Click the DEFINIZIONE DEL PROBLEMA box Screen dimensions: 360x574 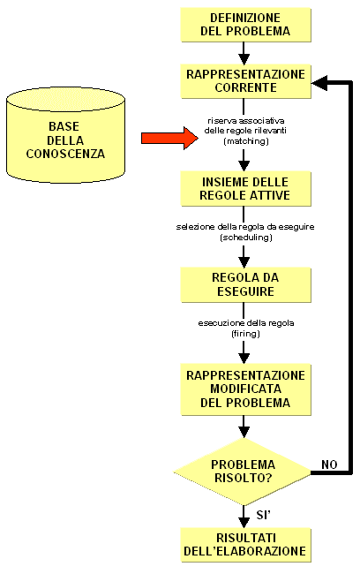[x=246, y=25]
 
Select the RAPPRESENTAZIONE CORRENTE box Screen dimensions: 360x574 [x=246, y=81]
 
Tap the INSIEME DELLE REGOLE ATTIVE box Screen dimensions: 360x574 [x=246, y=189]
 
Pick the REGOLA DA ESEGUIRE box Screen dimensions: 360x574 [x=246, y=285]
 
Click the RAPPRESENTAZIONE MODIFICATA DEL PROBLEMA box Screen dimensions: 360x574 [x=246, y=389]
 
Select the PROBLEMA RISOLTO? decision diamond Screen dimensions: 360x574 [x=243, y=472]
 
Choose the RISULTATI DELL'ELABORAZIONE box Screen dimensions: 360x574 [x=246, y=545]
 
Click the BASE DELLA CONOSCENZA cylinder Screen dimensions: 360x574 [x=66, y=135]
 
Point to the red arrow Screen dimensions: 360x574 [x=169, y=138]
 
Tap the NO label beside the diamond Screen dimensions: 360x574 [x=329, y=464]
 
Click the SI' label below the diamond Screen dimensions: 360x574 [x=264, y=515]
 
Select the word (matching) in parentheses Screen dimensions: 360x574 [x=246, y=141]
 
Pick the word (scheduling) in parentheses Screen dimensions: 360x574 [x=246, y=238]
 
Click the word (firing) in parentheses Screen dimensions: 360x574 [x=245, y=334]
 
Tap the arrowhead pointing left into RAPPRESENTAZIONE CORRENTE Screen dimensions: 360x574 [x=319, y=83]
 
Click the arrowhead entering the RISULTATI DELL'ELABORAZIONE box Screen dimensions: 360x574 [x=244, y=523]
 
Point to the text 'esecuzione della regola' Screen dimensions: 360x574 [x=246, y=323]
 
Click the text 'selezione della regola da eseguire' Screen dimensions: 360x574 [x=245, y=227]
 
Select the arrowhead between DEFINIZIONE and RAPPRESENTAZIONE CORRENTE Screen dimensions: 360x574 [x=244, y=59]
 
